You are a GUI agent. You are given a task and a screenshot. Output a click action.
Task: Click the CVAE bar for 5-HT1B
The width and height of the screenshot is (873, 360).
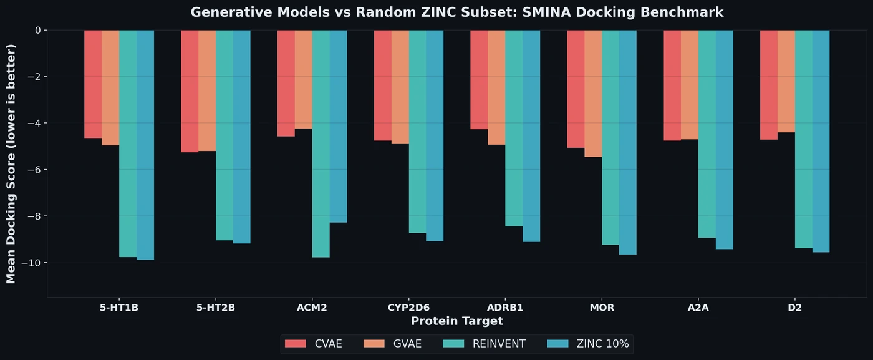[93, 84]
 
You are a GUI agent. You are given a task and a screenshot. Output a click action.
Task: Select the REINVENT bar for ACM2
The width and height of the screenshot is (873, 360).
[321, 144]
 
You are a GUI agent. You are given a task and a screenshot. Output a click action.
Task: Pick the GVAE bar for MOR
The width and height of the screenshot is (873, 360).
[593, 94]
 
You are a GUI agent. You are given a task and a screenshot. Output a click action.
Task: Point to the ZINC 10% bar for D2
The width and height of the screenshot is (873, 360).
[821, 141]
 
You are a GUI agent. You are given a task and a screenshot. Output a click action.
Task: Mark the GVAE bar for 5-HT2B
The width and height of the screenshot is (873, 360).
[207, 90]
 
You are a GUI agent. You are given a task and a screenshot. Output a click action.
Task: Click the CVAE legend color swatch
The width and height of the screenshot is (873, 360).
[296, 344]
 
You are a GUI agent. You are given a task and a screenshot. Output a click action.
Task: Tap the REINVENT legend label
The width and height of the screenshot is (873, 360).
[499, 344]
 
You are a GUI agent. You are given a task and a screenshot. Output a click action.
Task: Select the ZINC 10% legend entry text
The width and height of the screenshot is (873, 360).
[602, 344]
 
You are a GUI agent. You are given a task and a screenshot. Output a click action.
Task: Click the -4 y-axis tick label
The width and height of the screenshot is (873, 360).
[32, 123]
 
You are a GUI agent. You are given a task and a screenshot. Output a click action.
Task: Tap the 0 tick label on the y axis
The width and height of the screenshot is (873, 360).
[37, 30]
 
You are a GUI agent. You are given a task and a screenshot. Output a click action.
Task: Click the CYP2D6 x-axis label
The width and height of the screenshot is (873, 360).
[408, 308]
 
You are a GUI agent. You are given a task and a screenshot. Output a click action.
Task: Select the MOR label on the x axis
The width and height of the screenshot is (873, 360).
[602, 308]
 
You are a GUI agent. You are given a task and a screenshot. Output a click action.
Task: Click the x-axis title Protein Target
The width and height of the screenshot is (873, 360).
[456, 321]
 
